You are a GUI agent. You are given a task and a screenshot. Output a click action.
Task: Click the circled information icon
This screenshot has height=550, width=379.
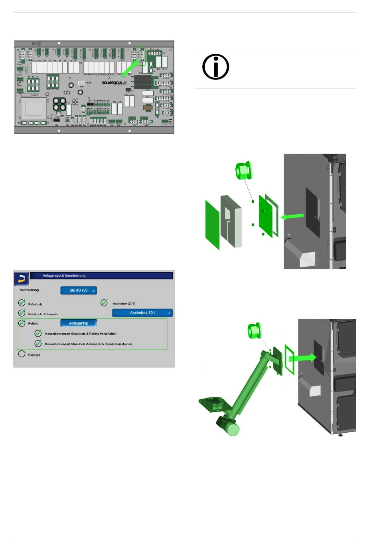(215, 67)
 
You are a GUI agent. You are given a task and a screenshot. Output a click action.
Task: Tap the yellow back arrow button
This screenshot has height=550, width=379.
(22, 279)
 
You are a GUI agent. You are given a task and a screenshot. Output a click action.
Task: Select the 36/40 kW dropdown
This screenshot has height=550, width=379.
(79, 291)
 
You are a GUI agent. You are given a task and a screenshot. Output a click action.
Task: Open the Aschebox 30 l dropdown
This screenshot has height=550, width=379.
(142, 313)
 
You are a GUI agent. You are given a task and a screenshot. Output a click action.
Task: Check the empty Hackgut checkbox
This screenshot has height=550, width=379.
(22, 354)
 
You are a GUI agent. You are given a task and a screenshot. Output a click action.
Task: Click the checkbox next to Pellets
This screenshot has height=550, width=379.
(22, 323)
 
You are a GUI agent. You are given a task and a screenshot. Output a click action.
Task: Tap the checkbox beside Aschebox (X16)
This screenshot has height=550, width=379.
(104, 303)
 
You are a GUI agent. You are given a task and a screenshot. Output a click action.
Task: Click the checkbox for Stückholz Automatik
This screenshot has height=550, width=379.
(22, 313)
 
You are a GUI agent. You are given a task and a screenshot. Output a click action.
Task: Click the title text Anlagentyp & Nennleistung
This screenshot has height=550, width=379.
(64, 276)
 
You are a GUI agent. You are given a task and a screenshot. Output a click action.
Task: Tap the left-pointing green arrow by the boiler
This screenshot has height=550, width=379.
(292, 216)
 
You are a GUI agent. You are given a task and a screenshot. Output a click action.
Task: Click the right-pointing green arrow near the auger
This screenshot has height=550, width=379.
(302, 358)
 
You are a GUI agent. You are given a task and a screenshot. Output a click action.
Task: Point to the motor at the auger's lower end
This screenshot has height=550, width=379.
(228, 426)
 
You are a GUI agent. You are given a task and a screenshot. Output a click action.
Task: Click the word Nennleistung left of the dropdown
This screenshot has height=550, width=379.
(30, 290)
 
